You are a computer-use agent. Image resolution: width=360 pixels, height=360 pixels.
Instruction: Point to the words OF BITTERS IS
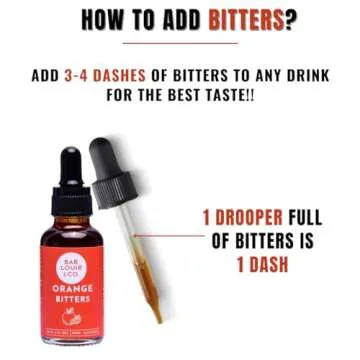click(262, 241)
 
